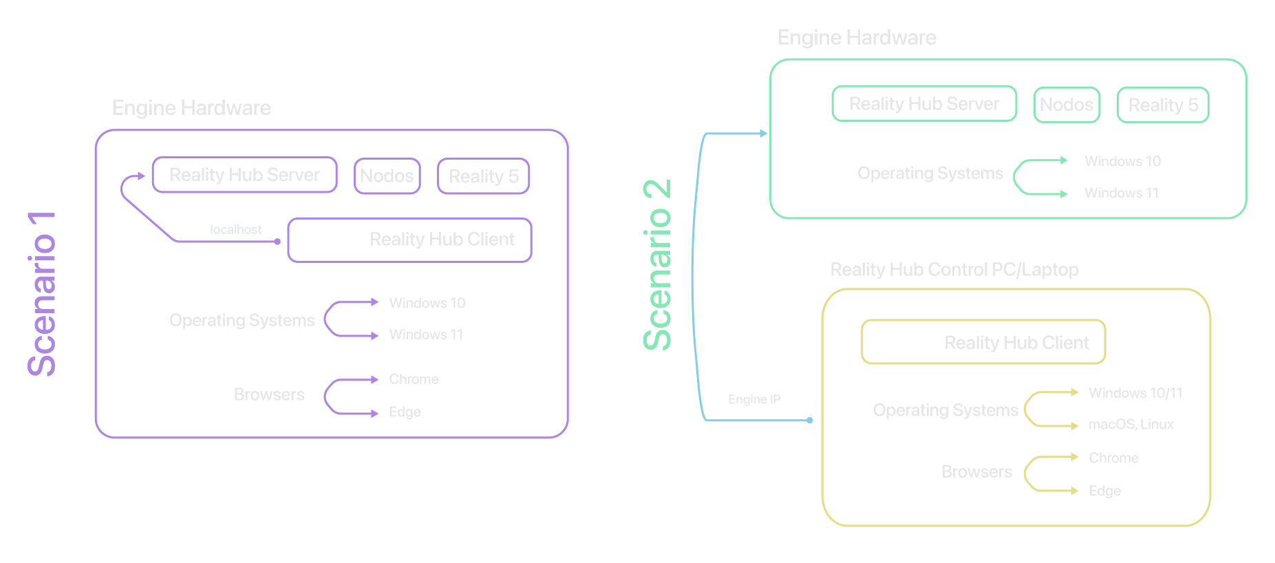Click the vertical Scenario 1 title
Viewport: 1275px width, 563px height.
(41, 295)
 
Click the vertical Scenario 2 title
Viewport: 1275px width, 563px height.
(657, 265)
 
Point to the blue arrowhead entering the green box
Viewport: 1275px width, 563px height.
(763, 134)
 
